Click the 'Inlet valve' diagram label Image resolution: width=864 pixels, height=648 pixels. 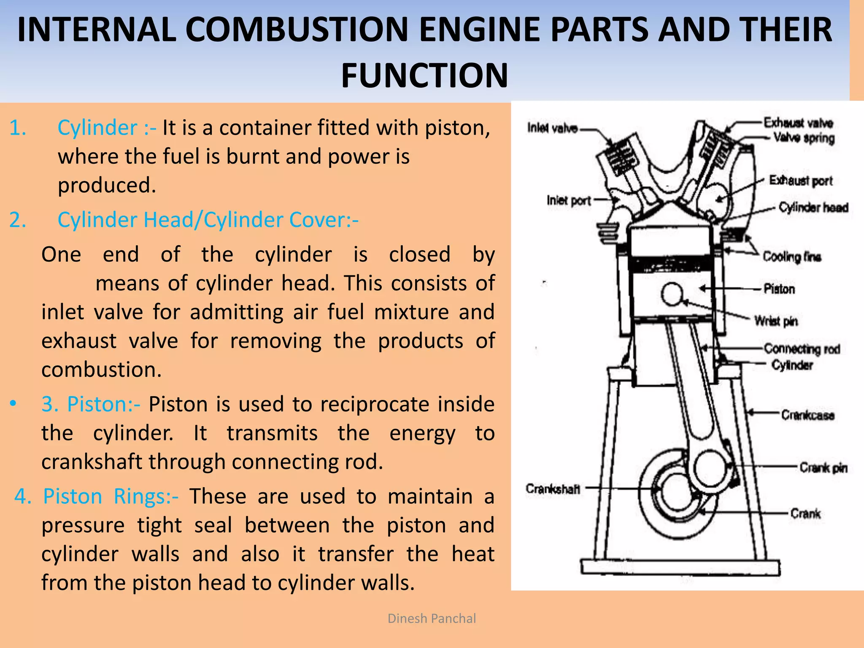[552, 128]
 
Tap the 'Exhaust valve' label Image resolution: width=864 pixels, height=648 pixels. [798, 123]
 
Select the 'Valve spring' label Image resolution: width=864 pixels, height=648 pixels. [804, 138]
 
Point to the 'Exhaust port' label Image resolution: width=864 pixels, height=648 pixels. [800, 181]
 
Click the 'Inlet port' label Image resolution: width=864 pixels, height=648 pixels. [568, 200]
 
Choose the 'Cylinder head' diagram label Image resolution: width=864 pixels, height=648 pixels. [813, 208]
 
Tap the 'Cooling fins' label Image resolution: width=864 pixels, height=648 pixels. [791, 256]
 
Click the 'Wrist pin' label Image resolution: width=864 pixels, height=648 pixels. [776, 321]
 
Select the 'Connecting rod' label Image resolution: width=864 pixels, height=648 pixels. [802, 349]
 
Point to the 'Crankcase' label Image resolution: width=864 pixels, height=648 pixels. [807, 415]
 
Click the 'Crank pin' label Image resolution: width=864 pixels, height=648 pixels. [823, 467]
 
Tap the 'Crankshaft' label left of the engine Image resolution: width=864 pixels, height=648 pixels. [553, 489]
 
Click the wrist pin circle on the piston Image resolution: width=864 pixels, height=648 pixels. [672, 294]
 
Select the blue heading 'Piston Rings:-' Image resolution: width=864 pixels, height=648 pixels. [111, 496]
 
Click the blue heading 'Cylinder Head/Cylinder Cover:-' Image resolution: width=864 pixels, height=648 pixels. [208, 220]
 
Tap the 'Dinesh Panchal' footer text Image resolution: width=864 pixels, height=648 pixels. [432, 618]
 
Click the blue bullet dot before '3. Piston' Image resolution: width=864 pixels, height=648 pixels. [13, 404]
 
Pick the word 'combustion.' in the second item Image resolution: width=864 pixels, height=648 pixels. [101, 370]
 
